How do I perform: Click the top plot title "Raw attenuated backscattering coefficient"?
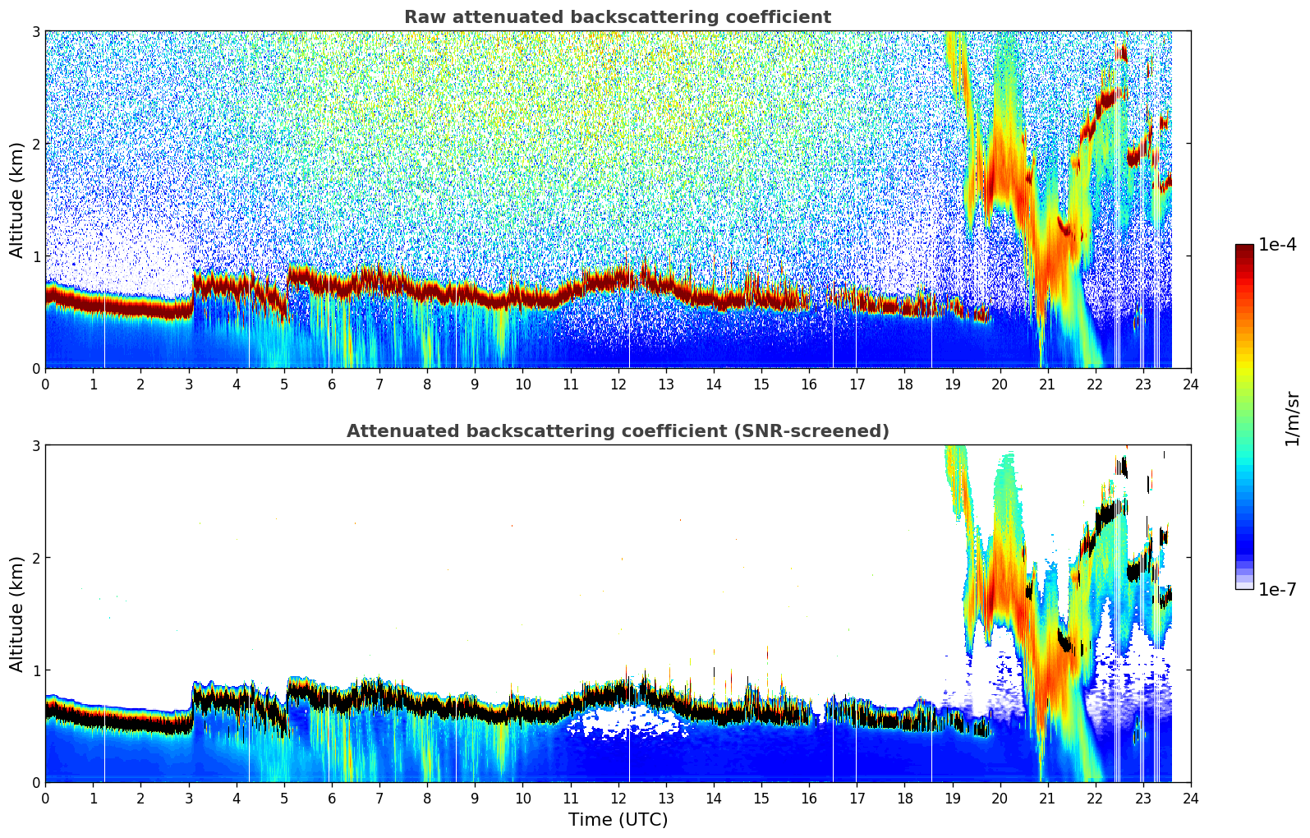click(x=618, y=17)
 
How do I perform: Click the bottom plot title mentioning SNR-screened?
click(x=618, y=431)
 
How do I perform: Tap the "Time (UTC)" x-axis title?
click(x=618, y=820)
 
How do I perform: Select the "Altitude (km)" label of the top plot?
click(x=17, y=200)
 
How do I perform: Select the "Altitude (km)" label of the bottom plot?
click(x=17, y=614)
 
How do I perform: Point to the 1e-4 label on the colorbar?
click(x=1277, y=245)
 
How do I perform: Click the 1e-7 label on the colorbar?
click(x=1277, y=589)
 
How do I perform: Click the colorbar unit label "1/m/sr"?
click(x=1292, y=417)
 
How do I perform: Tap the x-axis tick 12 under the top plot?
click(x=618, y=384)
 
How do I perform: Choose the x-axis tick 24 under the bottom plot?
click(x=1191, y=798)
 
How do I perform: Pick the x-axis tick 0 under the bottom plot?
click(x=45, y=798)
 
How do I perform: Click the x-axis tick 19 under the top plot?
click(x=952, y=384)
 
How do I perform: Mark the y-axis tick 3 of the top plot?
click(x=35, y=31)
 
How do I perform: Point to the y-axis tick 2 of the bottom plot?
click(x=35, y=558)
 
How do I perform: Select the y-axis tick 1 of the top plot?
click(x=35, y=256)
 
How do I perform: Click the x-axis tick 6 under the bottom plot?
click(x=332, y=798)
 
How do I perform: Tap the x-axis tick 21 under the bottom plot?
click(x=1047, y=798)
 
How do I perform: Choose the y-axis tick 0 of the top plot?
click(x=35, y=369)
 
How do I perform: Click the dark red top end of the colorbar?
click(x=1243, y=248)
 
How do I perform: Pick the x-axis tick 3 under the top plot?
click(x=189, y=384)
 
